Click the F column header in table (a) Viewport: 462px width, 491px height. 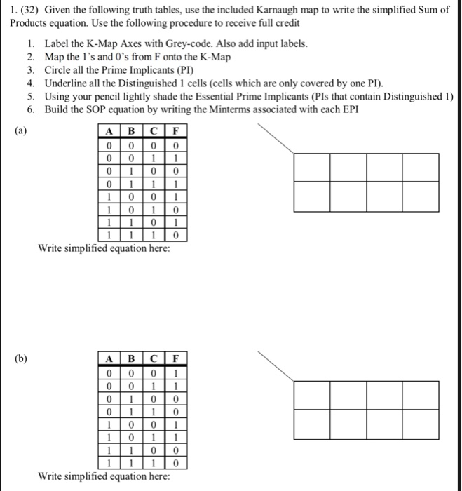[175, 130]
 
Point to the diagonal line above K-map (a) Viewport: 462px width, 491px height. [277, 137]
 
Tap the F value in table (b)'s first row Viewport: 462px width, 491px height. [175, 372]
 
